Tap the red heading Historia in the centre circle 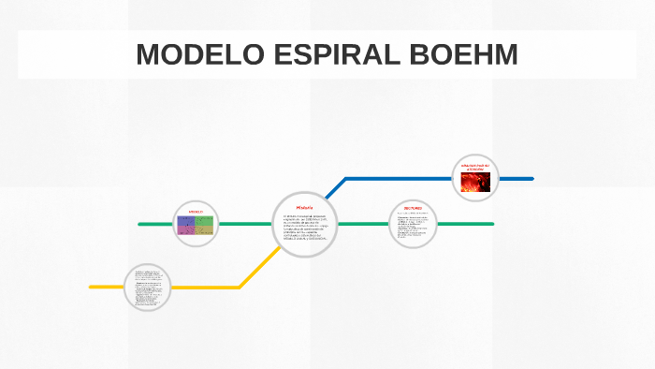(x=304, y=207)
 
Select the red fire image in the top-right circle (x=476, y=181)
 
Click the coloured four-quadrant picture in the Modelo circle (x=196, y=226)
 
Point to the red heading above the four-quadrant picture (x=196, y=213)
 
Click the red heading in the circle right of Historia (x=413, y=208)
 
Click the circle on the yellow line (x=148, y=287)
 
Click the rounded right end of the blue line (x=531, y=178)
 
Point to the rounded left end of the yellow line (x=92, y=287)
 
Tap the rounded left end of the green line (x=140, y=225)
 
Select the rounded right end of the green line (x=491, y=224)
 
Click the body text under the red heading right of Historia (x=413, y=228)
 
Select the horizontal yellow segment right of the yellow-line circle (x=206, y=287)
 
